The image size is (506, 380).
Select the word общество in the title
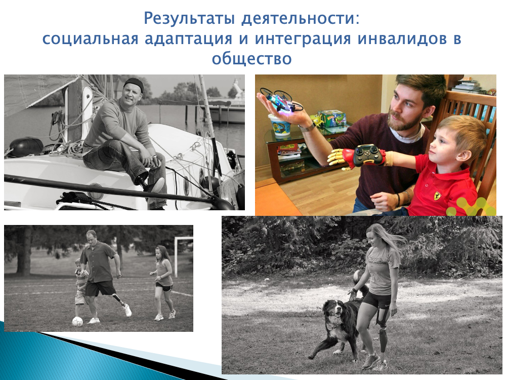point(251,58)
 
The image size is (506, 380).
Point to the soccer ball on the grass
point(77,321)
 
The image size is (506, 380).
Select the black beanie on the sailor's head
point(133,84)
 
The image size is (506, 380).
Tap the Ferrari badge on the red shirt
point(437,196)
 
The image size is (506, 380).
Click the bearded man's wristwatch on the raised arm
point(308,127)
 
